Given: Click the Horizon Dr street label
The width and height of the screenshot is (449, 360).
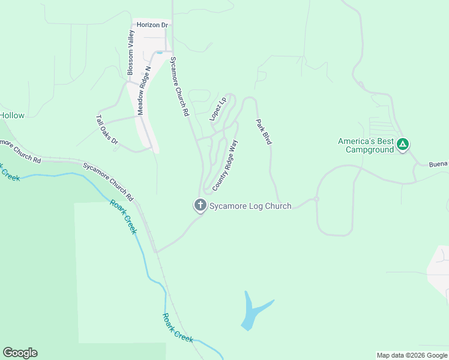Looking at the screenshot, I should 153,25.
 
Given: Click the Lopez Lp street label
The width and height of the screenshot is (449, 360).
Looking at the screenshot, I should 217,108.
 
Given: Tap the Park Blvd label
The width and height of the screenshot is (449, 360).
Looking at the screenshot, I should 264,131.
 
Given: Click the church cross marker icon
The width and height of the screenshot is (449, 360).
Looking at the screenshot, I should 200,205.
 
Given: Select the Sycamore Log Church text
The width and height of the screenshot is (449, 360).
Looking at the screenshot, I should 250,206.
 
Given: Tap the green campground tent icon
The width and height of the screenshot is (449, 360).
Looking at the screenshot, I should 403,144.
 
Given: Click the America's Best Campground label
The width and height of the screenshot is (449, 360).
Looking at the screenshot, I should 366,145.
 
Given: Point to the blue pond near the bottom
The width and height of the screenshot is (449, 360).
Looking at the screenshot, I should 253,312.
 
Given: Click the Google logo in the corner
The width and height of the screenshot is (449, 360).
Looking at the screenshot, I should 20,353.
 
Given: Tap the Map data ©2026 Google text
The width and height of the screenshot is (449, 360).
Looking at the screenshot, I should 412,355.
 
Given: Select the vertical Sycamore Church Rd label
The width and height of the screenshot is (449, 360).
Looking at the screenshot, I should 179,86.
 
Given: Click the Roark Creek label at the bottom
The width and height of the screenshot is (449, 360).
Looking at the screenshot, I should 178,328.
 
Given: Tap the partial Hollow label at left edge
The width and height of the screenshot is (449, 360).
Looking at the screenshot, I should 12,115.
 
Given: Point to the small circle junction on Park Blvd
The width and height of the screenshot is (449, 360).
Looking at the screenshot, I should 316,199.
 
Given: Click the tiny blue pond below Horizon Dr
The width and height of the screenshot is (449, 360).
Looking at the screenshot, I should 159,53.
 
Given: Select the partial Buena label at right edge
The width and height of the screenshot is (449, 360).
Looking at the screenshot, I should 438,164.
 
